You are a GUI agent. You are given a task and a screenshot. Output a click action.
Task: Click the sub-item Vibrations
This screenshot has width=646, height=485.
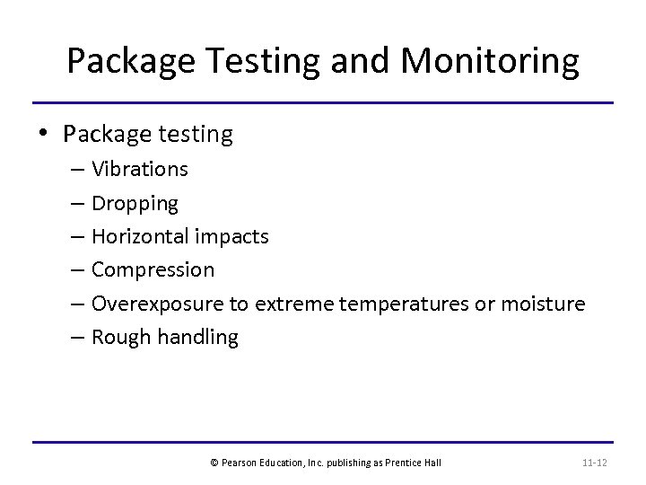pos(140,169)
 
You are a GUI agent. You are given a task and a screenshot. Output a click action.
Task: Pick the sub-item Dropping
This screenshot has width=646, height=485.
pos(135,204)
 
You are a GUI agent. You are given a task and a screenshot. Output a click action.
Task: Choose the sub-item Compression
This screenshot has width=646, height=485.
pos(153,269)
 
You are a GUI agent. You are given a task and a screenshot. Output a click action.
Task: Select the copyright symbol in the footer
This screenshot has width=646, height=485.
pos(214,463)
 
